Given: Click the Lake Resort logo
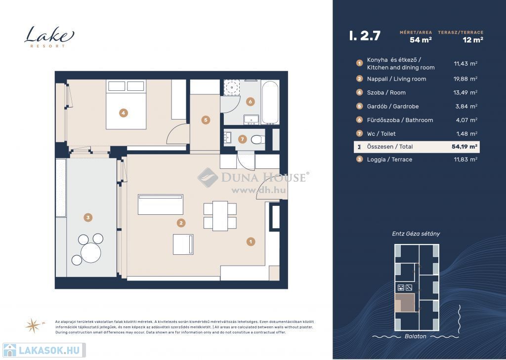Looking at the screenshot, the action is click(x=49, y=37).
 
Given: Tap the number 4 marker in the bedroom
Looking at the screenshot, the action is click(x=123, y=113).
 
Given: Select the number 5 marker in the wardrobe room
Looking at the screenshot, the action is click(x=206, y=120).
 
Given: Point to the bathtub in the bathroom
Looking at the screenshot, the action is click(x=270, y=102).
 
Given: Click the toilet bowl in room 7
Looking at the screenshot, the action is click(x=258, y=140).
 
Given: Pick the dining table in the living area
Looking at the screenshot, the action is click(x=220, y=216).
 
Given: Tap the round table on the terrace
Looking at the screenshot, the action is click(x=91, y=252).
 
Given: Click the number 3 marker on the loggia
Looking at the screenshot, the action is click(x=88, y=217).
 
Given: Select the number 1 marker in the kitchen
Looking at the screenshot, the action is click(x=251, y=241).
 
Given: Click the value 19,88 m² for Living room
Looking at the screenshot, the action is click(x=465, y=79).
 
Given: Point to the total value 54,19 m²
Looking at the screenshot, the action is click(x=464, y=147).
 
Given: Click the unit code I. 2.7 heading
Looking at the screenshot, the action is click(x=365, y=36).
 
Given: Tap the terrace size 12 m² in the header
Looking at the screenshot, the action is click(x=473, y=40).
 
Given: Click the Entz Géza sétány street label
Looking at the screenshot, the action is click(x=416, y=234).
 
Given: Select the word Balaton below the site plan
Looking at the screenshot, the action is click(x=415, y=336).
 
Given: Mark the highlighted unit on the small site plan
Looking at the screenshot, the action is click(x=405, y=303).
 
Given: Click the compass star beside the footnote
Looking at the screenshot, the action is click(x=33, y=325).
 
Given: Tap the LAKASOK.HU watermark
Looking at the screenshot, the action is click(x=44, y=350).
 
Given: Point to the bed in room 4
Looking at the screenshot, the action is click(x=126, y=105).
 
